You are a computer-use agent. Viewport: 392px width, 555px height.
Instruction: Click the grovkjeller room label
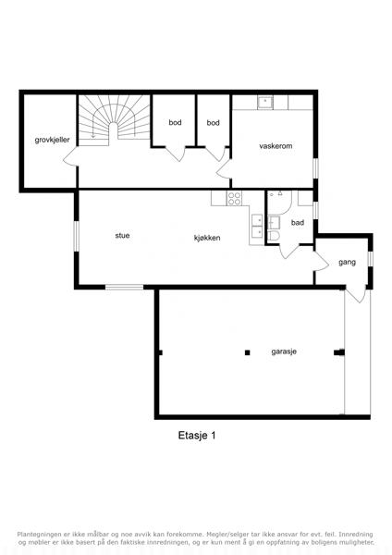[x=52, y=140]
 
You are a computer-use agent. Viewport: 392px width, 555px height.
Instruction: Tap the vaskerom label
[x=276, y=146]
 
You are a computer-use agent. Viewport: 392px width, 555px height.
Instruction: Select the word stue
[x=122, y=235]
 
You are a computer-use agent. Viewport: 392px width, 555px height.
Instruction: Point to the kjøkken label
[x=207, y=238]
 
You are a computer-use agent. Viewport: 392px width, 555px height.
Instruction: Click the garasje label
[x=284, y=351]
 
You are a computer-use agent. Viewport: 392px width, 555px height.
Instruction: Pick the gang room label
[x=347, y=263]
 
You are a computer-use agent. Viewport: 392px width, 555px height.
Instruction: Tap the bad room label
[x=297, y=223]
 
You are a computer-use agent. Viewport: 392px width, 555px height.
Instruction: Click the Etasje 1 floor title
[x=197, y=436]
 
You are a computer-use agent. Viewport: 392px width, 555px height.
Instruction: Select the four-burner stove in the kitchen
[x=234, y=198]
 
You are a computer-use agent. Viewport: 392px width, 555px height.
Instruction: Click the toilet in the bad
[x=274, y=236]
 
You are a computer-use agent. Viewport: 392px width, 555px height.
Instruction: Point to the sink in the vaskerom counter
[x=265, y=103]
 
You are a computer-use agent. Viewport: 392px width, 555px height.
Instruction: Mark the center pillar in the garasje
[x=248, y=352]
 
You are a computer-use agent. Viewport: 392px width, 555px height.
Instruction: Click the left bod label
[x=175, y=122]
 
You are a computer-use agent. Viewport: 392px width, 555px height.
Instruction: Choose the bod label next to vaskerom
[x=213, y=123]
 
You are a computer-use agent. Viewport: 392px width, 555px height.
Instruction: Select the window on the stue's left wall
[x=76, y=237]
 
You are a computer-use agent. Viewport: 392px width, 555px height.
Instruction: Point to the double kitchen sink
[x=257, y=227]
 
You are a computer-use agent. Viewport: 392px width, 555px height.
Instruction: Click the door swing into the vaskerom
[x=224, y=169]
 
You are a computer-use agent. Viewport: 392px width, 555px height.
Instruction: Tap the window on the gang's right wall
[x=370, y=258]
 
